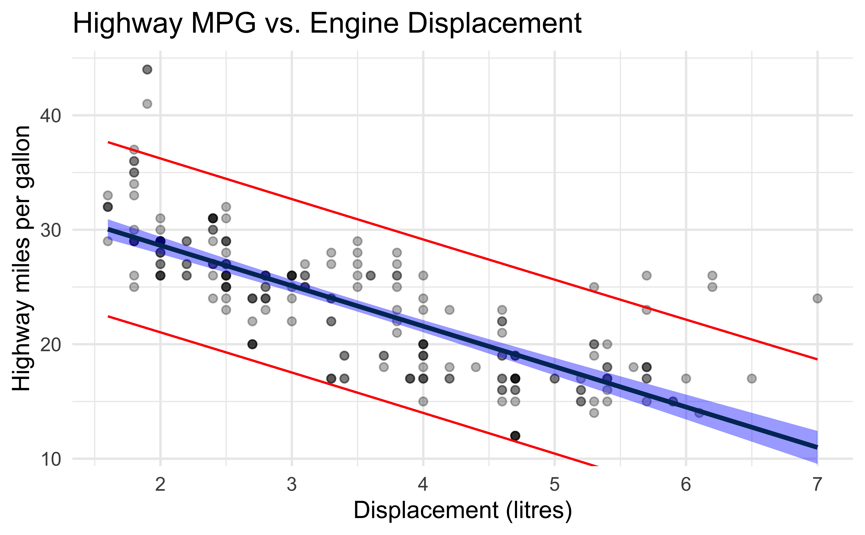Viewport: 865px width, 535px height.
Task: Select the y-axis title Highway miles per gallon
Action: point(22,258)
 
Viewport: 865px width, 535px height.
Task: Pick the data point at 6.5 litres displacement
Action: point(752,379)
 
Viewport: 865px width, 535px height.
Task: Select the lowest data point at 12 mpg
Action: point(515,436)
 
